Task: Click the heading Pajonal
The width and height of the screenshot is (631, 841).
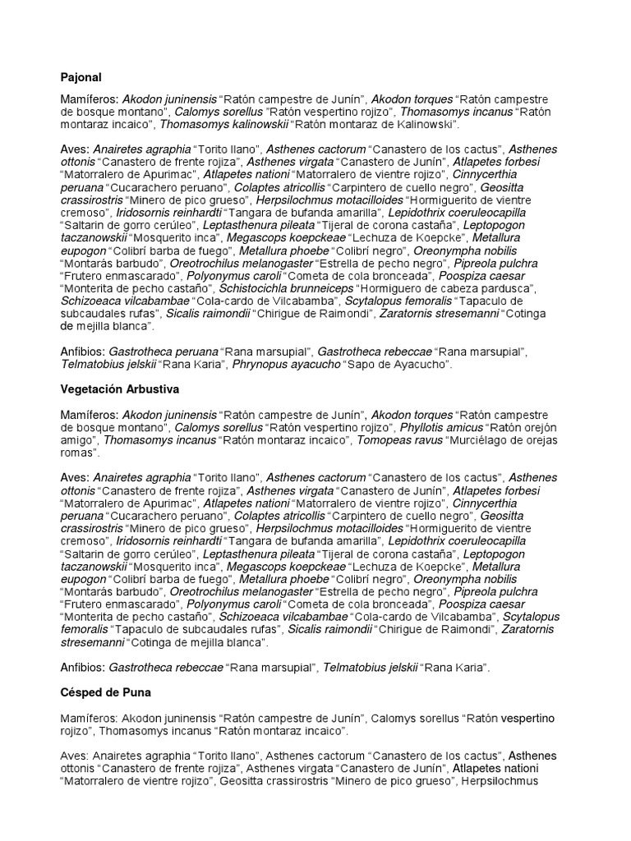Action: tap(81, 77)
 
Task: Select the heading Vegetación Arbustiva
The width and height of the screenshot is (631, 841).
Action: tap(118, 388)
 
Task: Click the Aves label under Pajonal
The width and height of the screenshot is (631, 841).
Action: tap(76, 149)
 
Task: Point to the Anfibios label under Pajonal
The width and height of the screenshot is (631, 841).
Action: tap(83, 352)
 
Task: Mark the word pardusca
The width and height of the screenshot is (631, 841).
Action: tap(508, 288)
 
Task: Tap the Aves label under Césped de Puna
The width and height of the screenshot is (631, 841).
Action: tap(76, 756)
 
